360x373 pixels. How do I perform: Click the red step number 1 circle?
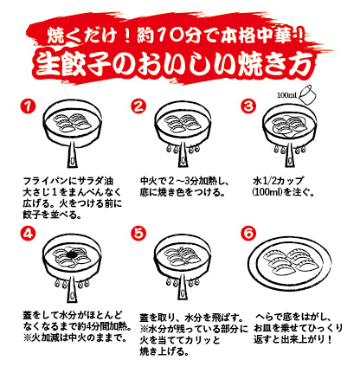click(x=28, y=106)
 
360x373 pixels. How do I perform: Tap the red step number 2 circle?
click(x=138, y=106)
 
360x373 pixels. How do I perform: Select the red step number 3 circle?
click(x=248, y=106)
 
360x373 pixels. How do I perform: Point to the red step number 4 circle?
click(x=28, y=233)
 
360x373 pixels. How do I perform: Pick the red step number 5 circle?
click(x=138, y=233)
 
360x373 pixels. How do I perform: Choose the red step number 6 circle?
click(x=248, y=233)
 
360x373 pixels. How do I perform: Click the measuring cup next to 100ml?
click(x=306, y=94)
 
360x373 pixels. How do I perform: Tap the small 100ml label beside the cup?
click(x=287, y=95)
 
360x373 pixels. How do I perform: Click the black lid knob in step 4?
click(x=72, y=254)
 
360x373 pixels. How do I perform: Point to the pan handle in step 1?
click(x=72, y=157)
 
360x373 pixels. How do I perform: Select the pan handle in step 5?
click(x=183, y=286)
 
